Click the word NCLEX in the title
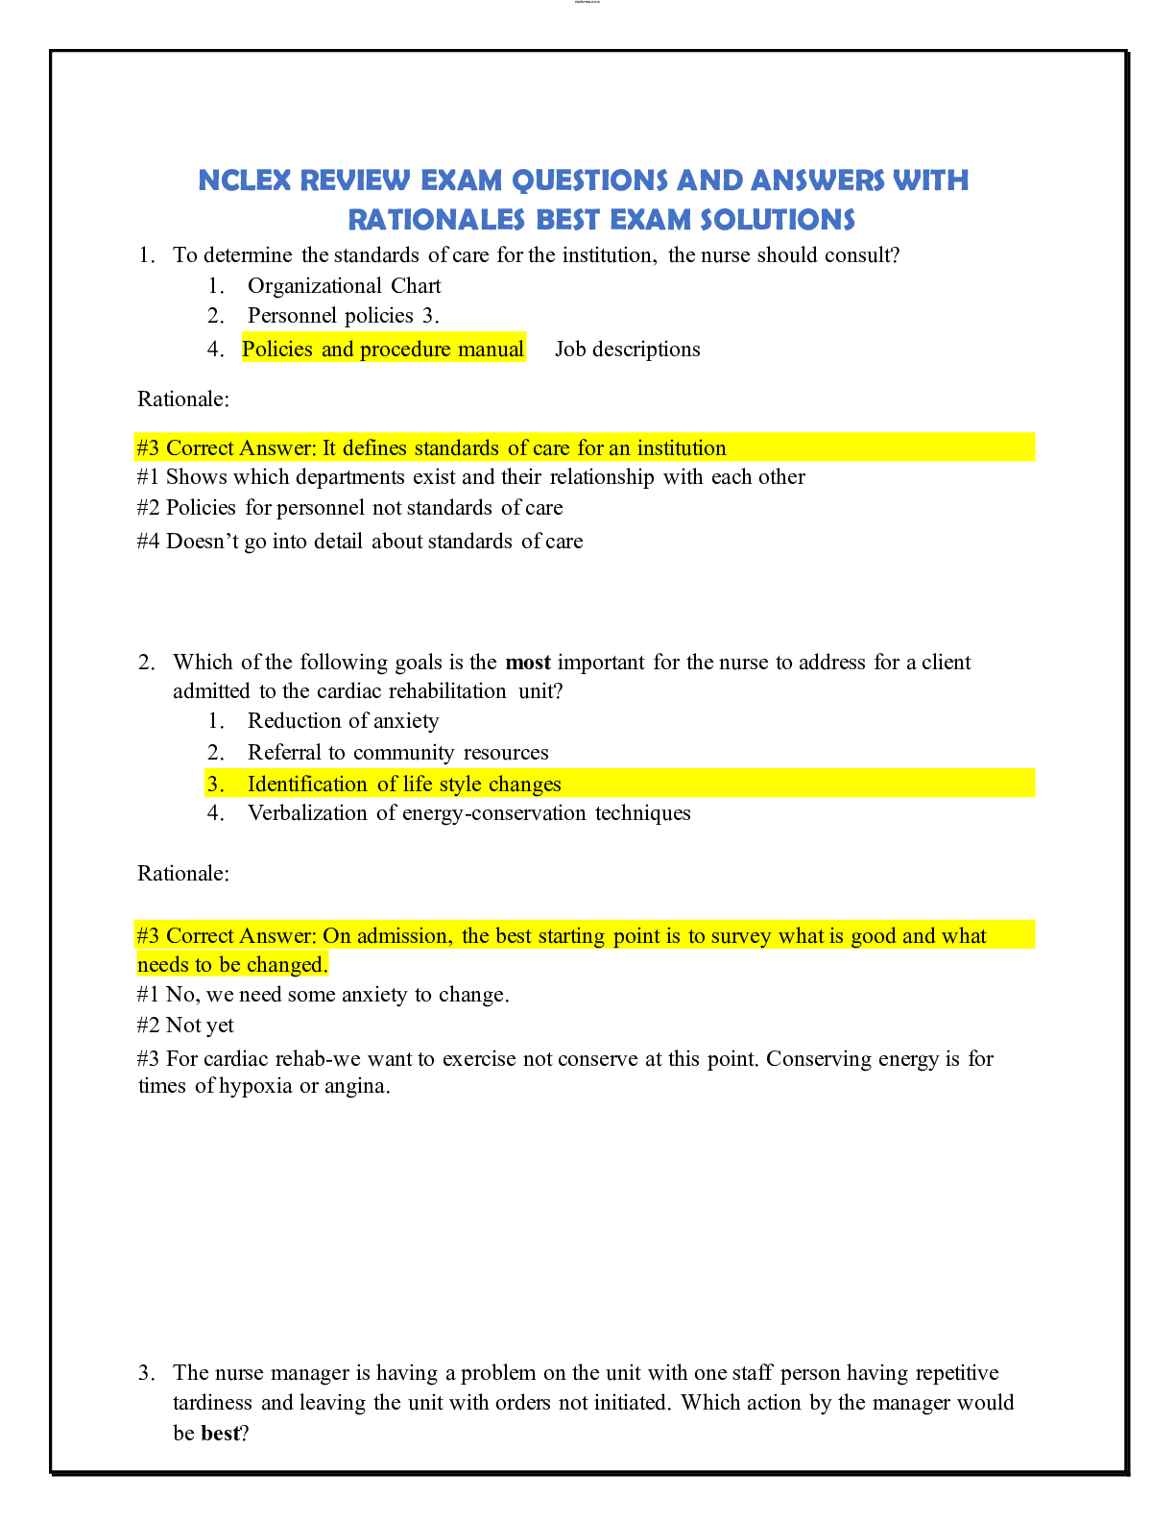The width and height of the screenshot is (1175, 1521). coord(244,181)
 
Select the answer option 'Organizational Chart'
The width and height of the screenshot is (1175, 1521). coord(344,286)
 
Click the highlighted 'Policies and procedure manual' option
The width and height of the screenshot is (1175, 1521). coord(383,350)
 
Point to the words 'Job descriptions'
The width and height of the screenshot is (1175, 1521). coord(627,350)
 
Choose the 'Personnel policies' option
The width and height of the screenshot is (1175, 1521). coord(330,316)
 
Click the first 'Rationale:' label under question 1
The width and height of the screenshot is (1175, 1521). coord(183,398)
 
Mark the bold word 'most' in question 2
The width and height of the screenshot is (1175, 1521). coord(528,663)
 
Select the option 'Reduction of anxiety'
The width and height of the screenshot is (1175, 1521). coord(343,721)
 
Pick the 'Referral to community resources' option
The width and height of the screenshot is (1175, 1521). coord(397,753)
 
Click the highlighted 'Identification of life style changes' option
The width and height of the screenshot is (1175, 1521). coord(404,785)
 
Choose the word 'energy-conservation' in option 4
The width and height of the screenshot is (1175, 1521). coord(493,813)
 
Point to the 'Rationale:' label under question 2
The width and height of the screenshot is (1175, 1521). coord(183,874)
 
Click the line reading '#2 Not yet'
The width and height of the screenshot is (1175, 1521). coord(185,1026)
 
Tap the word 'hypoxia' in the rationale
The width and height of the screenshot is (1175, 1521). coord(255,1087)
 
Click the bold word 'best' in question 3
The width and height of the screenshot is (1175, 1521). coord(220,1434)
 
